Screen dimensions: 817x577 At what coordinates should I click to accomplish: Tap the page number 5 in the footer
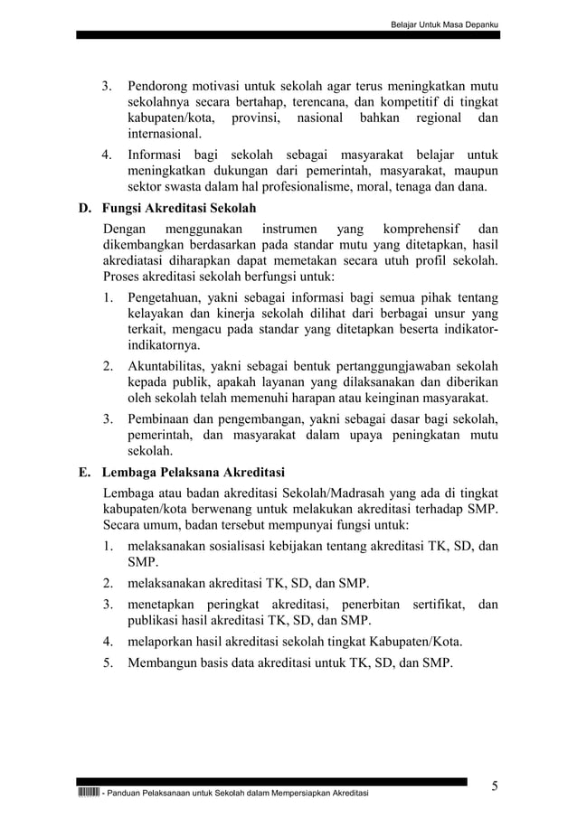(495, 785)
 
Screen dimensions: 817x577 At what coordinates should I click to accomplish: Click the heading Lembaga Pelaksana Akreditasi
(194, 472)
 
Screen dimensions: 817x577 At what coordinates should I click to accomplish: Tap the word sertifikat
(438, 603)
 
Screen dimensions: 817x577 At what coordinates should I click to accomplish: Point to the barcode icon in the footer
(89, 793)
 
